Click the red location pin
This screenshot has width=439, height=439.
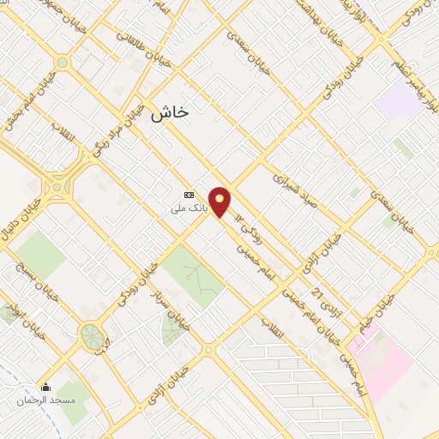[x=220, y=201]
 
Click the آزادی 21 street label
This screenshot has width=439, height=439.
[x=319, y=300]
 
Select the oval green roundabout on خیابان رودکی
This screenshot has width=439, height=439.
[x=92, y=336]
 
